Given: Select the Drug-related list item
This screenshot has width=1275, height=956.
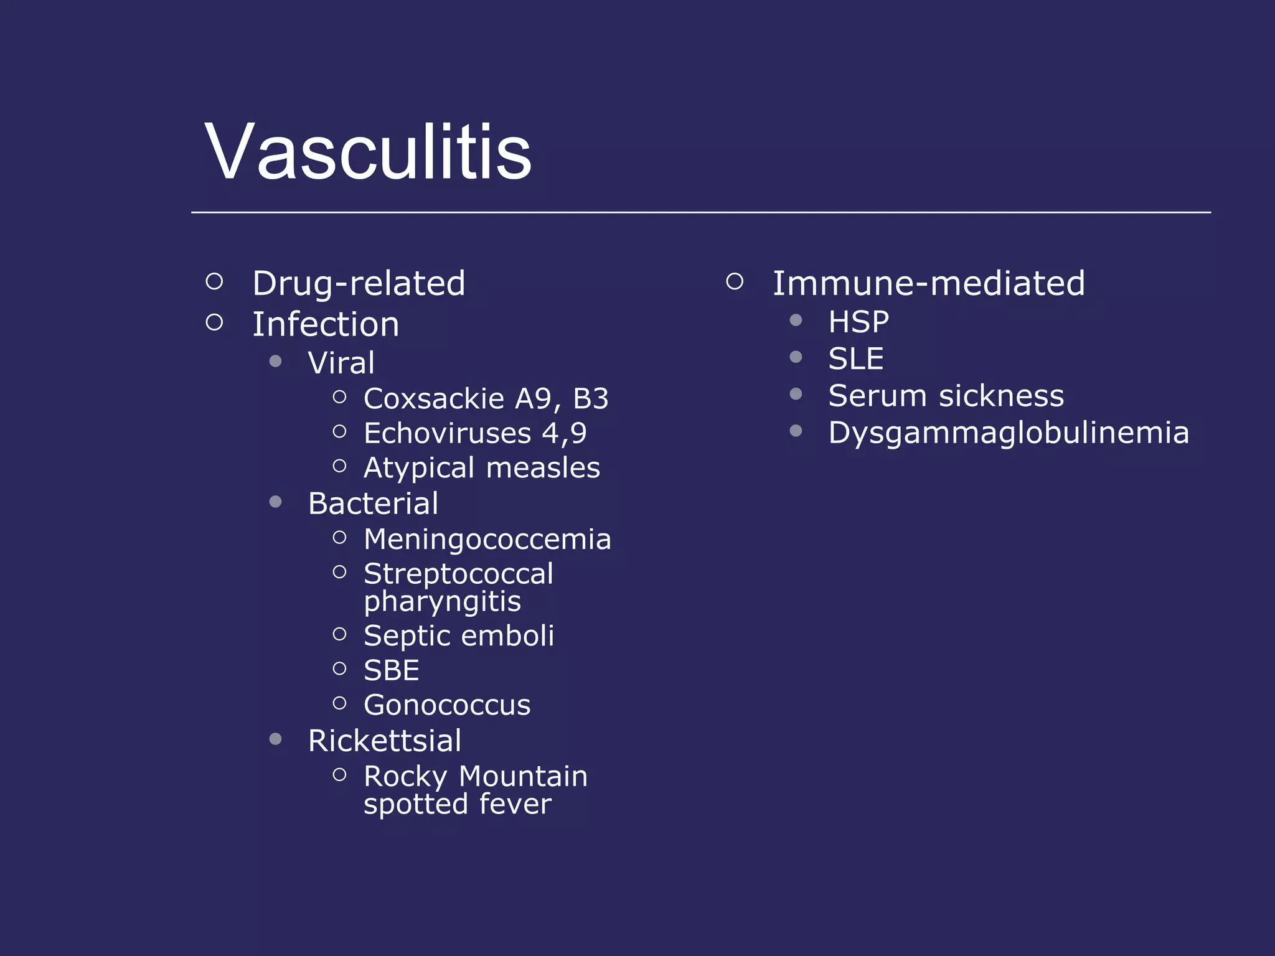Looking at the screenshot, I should point(359,284).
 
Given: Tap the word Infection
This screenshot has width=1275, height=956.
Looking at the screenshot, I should point(326,325).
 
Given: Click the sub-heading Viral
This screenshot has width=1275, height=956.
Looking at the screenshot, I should point(341,363).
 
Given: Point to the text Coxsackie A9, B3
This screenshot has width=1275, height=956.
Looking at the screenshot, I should point(486,399).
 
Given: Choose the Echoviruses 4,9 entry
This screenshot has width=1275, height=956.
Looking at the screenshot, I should point(474,434).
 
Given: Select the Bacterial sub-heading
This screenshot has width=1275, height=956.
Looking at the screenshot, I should point(373,504).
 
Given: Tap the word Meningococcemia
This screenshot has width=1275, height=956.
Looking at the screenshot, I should point(487,539).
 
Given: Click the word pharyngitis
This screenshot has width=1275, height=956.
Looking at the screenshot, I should point(442,602).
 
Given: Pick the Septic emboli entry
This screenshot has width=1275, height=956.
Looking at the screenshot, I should point(458,636).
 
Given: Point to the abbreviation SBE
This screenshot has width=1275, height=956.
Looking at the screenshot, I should point(391,671).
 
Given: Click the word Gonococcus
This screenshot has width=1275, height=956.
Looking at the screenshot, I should point(447,705).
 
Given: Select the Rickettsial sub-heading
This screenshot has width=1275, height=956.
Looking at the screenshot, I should point(385,741).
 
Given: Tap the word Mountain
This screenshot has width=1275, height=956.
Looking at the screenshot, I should point(523,777).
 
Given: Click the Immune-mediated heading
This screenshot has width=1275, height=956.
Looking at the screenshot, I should point(928,284).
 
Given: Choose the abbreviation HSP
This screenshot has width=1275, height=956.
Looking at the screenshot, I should point(859,322).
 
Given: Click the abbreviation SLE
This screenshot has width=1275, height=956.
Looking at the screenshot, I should point(855,359).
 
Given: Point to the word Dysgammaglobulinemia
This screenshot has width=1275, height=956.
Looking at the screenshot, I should point(1008,433).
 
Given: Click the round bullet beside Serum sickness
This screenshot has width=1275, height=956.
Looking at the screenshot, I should point(796,394).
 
